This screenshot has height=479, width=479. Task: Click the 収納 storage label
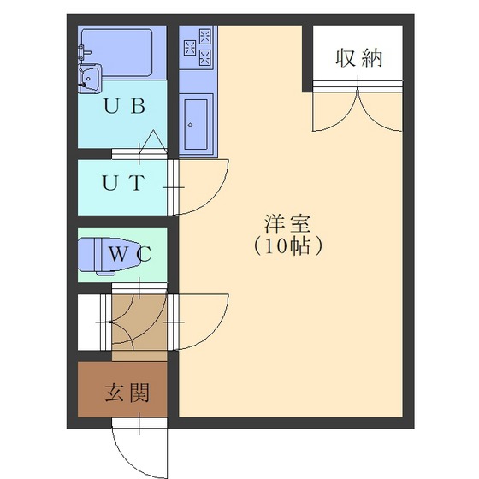(359, 58)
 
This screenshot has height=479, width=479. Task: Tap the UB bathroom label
(124, 106)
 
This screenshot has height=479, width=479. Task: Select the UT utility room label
(123, 183)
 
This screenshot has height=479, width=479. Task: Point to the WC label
(130, 254)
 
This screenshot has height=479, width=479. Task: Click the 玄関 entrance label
(127, 393)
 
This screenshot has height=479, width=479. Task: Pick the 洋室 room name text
(287, 224)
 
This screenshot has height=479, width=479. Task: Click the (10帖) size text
(287, 246)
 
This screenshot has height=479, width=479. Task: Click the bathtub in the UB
(117, 52)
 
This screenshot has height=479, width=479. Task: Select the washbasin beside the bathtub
(90, 78)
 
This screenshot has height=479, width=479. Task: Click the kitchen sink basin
(196, 124)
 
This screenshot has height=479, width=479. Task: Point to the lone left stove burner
(190, 48)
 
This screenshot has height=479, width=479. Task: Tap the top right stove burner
(205, 36)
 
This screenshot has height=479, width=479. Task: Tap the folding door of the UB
(155, 141)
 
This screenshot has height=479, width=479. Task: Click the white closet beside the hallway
(89, 322)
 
